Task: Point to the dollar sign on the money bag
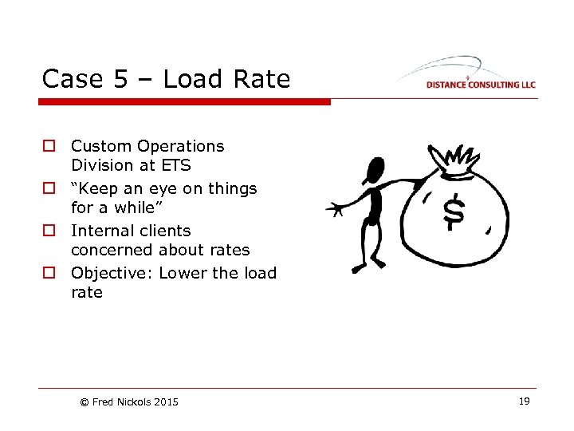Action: click(x=454, y=212)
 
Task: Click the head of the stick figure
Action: click(x=372, y=169)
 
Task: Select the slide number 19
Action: click(x=524, y=401)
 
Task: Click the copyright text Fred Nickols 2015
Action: click(x=129, y=402)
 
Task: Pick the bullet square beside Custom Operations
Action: click(x=50, y=147)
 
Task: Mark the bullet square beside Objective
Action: click(x=50, y=274)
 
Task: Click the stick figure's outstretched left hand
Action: click(x=336, y=210)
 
